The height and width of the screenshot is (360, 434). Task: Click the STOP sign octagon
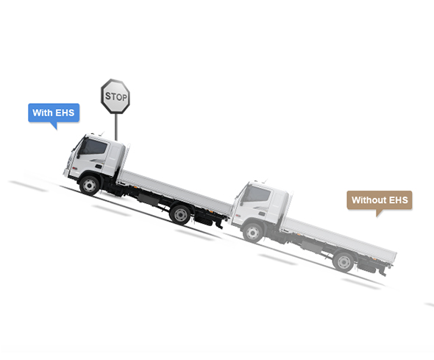coord(115,96)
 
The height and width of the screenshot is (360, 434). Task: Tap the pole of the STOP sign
coord(116,127)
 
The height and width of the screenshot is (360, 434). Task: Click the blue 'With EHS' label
coord(54,113)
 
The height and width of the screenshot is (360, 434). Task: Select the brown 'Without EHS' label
coord(380,200)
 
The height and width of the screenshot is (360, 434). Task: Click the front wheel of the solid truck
coord(90,186)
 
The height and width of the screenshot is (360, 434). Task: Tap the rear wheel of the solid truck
coord(180,214)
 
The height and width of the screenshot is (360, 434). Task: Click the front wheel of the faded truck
coord(253,233)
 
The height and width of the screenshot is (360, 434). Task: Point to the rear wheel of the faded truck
coord(344,261)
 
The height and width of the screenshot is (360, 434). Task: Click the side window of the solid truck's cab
coord(93,147)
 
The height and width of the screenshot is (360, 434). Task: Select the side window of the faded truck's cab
coord(256,194)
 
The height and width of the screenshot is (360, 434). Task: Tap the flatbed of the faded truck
coord(338,240)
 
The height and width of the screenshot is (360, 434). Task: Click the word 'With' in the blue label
coord(42,113)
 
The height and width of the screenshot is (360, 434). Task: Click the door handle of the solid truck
coord(99,166)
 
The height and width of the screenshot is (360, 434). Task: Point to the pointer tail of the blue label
coord(54,125)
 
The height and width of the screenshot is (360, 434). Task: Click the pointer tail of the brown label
coord(379,213)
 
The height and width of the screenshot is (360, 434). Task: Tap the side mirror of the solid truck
coord(79,152)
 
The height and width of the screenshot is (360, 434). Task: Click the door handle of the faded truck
coord(262,213)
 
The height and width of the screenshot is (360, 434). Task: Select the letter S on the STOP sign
coord(108,96)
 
